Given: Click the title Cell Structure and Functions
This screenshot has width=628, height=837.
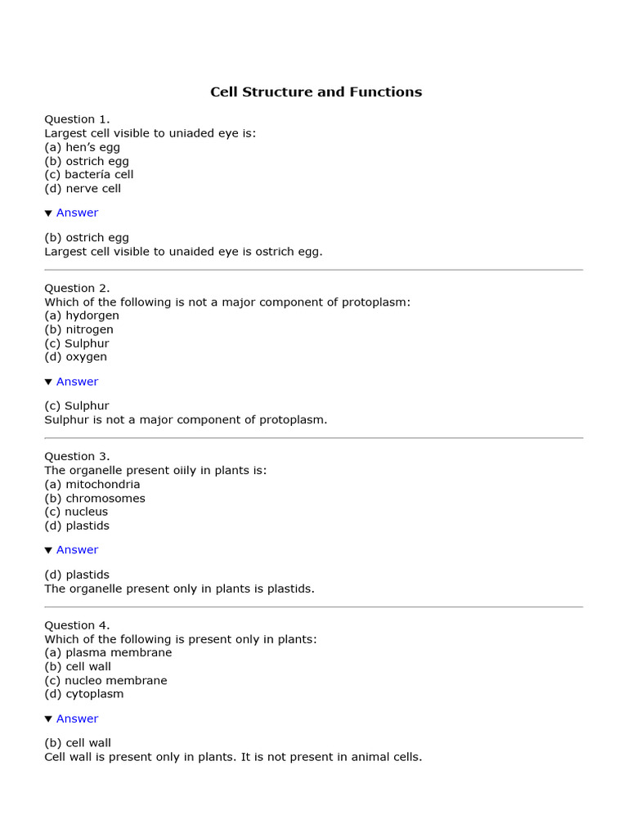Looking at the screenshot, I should point(316,92).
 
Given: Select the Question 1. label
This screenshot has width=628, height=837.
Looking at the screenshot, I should point(77,119).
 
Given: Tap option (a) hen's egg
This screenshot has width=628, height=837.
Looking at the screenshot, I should point(82,147).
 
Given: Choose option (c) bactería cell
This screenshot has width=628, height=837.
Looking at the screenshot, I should point(88,174).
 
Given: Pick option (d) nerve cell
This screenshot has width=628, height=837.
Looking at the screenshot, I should point(83,188).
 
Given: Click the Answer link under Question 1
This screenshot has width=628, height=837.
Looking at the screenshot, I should point(77,213).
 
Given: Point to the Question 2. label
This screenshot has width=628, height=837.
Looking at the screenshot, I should point(77,288).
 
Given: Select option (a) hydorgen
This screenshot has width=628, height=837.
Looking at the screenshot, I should point(82,316).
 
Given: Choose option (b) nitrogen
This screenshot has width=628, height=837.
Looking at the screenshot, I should point(78,329).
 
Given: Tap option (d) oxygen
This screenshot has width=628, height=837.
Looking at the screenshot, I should point(75,356).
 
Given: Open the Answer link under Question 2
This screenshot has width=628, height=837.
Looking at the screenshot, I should point(77,382).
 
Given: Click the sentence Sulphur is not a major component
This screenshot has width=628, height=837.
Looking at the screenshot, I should point(186,420).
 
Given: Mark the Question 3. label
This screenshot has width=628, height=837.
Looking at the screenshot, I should point(77,456).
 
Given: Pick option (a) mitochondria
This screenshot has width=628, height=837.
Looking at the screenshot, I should point(92,484).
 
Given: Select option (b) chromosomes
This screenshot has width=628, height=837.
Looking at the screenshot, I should point(94,498).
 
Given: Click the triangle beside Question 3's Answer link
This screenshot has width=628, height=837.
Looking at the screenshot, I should point(48,550).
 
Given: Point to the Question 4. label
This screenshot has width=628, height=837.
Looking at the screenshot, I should point(77,625).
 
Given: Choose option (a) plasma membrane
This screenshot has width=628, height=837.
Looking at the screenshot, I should point(108,652).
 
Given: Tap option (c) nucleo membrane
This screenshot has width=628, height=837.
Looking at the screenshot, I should point(105,680).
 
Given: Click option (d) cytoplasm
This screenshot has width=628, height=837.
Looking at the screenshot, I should point(83,694).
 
